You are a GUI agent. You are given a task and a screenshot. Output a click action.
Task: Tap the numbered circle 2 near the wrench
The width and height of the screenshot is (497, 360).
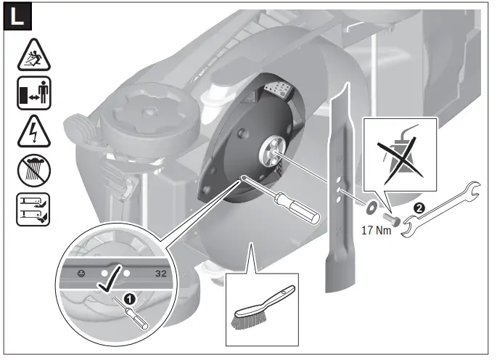[418, 208]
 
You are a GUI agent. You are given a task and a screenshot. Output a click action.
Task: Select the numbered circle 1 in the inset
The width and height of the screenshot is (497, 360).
[129, 298]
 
